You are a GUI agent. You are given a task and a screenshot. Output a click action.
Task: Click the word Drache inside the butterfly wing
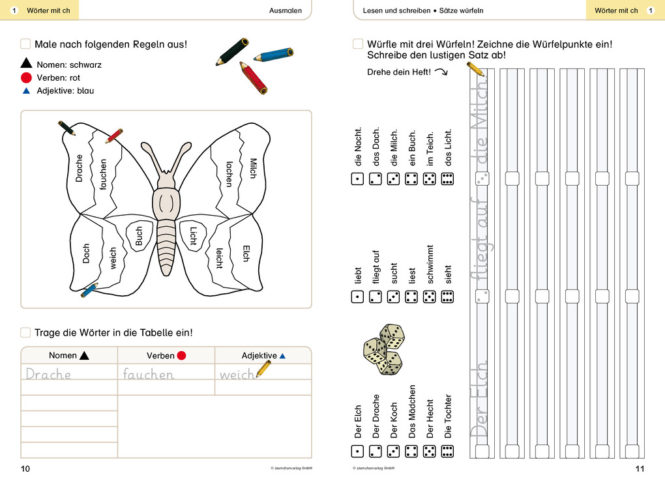point(80,167)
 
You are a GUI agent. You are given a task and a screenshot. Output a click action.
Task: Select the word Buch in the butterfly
point(138,236)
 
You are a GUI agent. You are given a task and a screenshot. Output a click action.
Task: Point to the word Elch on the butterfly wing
point(246,254)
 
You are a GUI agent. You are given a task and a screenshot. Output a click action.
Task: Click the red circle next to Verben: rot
point(26,78)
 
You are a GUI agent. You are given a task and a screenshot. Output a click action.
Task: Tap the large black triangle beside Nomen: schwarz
point(26,64)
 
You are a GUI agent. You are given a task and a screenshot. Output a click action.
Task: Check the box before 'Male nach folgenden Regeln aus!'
point(25,44)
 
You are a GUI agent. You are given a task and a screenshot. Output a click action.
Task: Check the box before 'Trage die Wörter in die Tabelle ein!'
point(25,332)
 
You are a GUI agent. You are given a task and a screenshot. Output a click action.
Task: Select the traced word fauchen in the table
point(149,375)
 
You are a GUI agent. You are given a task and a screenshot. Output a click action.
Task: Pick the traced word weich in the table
point(236,375)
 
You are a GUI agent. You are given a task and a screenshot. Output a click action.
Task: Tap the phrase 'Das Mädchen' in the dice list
point(412,411)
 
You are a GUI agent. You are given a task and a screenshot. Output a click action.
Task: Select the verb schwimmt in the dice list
point(430,268)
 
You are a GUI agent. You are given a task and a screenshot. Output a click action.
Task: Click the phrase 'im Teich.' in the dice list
point(430,151)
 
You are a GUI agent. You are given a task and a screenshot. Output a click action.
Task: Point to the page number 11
point(639,469)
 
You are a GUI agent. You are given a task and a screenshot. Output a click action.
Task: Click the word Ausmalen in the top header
point(286,10)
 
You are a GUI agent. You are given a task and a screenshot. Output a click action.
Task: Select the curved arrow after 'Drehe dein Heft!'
point(441,72)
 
